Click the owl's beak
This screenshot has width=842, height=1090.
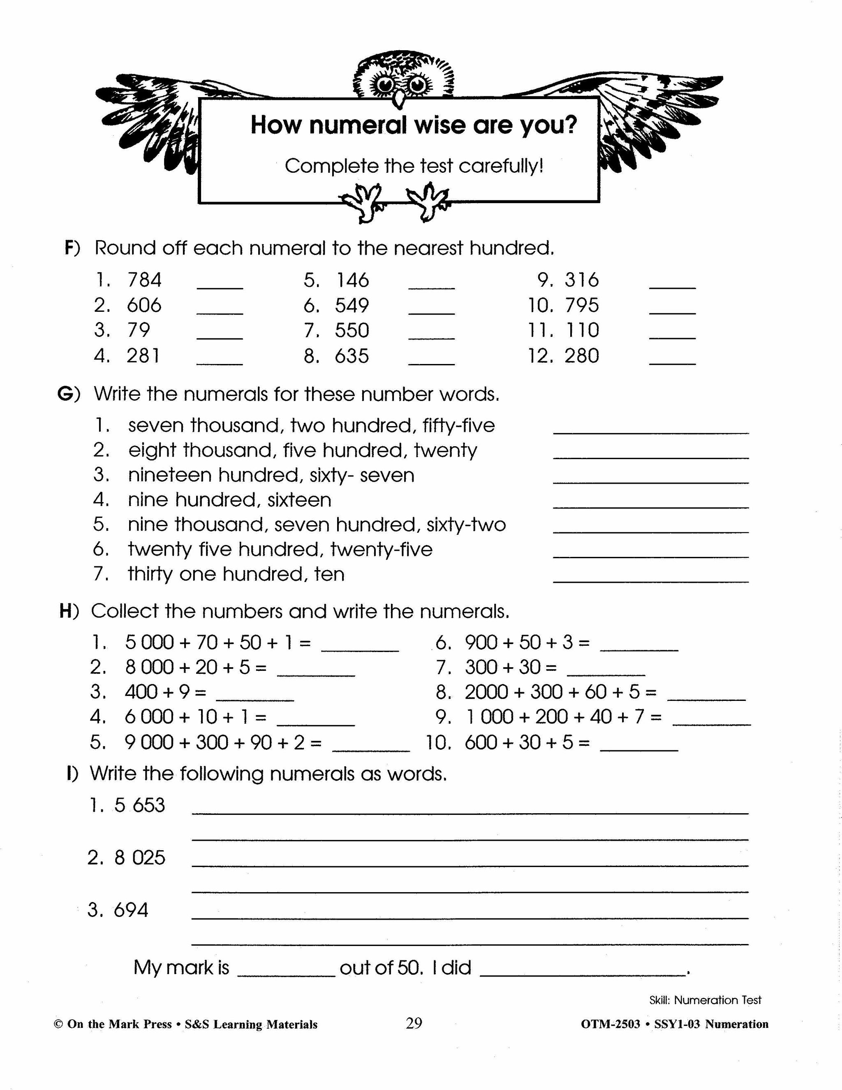398,98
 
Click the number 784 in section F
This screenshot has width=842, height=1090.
145,280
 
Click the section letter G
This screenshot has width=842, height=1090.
66,394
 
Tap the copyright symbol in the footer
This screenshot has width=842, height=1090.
58,1025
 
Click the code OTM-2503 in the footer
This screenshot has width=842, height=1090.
610,1025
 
